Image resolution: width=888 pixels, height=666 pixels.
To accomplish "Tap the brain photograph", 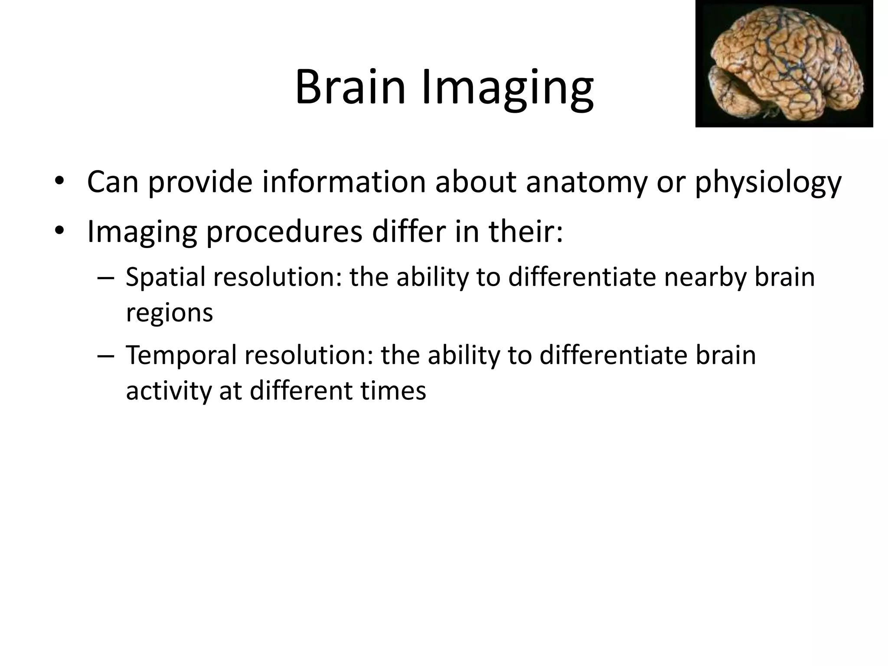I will point(784,64).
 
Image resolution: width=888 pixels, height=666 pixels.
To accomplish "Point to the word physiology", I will point(768,183).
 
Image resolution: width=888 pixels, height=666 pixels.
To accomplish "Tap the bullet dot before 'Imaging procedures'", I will point(59,231).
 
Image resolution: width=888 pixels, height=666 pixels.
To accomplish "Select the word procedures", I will point(284,232).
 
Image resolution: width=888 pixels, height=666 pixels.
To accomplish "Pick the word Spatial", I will point(165,277).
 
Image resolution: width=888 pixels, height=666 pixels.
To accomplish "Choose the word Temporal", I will point(181,356).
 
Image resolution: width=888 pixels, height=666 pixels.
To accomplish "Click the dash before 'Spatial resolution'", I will point(106,277).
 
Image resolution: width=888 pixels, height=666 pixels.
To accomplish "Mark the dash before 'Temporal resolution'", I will point(106,356).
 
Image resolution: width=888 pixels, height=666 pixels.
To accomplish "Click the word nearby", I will point(705,277).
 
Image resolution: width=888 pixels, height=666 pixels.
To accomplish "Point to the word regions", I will point(170,313).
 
